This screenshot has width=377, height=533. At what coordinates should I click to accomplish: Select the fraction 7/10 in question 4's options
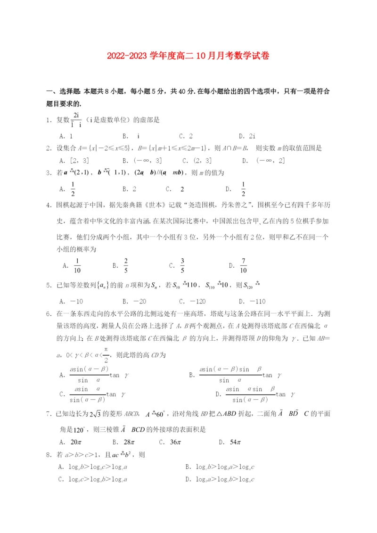pos(243,266)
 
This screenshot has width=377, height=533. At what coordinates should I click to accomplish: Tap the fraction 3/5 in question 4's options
pos(182,266)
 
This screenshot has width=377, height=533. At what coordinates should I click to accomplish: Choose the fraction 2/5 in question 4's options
pos(126,266)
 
